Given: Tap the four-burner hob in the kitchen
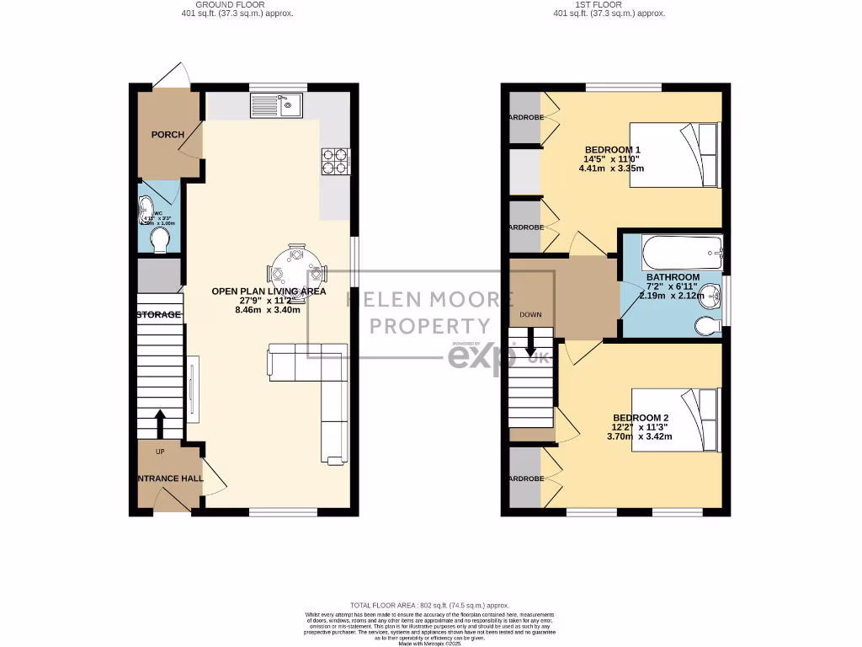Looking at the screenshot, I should pyautogui.click(x=334, y=161).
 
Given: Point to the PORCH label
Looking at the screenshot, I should pyautogui.click(x=168, y=135).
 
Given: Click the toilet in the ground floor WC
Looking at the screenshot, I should pyautogui.click(x=158, y=241).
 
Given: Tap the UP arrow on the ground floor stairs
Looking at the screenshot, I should pyautogui.click(x=160, y=421).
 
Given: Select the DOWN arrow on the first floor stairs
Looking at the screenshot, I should pyautogui.click(x=531, y=341).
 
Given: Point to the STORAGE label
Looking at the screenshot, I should pyautogui.click(x=158, y=315).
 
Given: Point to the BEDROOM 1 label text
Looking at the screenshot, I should pyautogui.click(x=613, y=150).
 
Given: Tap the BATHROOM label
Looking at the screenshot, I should pyautogui.click(x=673, y=277).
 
